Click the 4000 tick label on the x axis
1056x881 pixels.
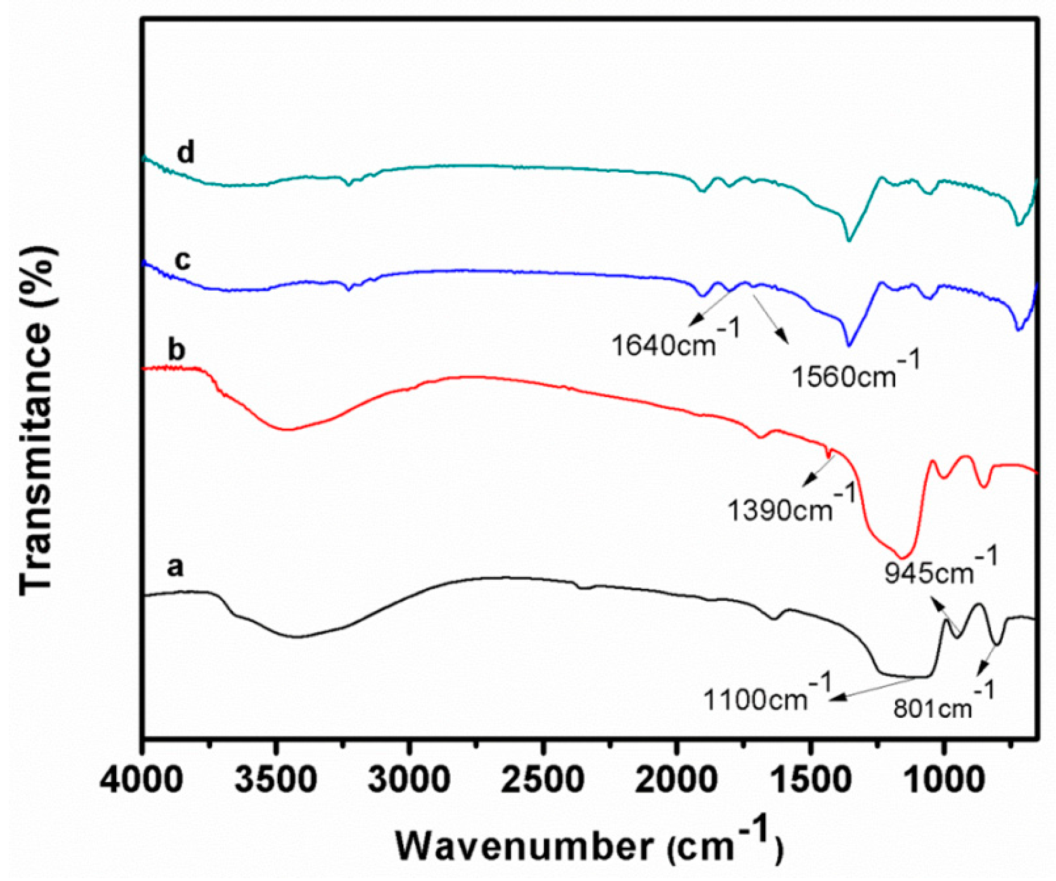[141, 780]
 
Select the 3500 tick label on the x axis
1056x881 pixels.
[275, 780]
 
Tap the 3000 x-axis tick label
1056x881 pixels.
[409, 780]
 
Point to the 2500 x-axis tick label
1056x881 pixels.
[543, 780]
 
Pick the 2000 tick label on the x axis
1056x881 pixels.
[677, 780]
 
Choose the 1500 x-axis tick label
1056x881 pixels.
[810, 780]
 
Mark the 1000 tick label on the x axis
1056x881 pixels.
[943, 780]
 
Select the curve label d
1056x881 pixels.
[186, 153]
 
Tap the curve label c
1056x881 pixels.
[183, 259]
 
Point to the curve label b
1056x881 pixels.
[176, 350]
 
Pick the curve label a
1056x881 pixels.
[175, 566]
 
